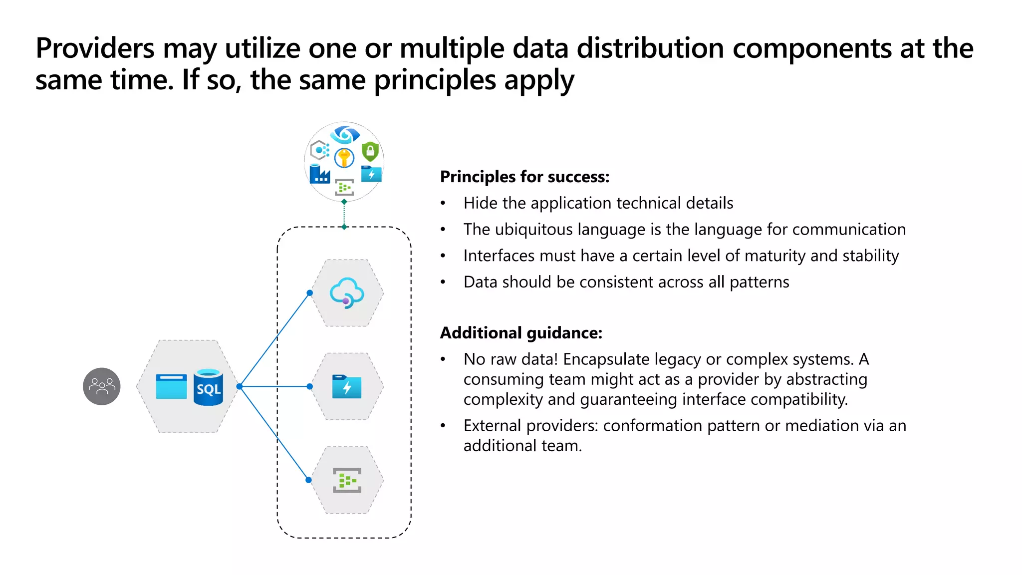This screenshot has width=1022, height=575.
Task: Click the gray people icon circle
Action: tap(102, 386)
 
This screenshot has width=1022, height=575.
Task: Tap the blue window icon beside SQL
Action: tap(171, 386)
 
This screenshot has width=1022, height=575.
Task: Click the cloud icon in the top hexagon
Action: tap(347, 293)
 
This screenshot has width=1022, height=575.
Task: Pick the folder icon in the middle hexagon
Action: tap(347, 386)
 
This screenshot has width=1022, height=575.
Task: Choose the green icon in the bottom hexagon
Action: tap(347, 480)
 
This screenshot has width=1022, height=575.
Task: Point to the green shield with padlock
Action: tap(370, 151)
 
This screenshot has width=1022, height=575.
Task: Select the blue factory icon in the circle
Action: tap(319, 174)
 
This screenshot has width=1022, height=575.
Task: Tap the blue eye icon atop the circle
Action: tap(344, 134)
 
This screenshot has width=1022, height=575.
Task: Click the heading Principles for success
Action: tap(524, 177)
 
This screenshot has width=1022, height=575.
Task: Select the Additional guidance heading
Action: tap(521, 333)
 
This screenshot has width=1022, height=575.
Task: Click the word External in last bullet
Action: tap(493, 426)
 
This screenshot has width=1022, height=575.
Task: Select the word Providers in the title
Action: tap(95, 49)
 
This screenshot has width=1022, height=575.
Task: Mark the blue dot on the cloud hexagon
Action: tap(310, 293)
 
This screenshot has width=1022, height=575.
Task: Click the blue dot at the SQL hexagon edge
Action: tap(240, 386)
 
